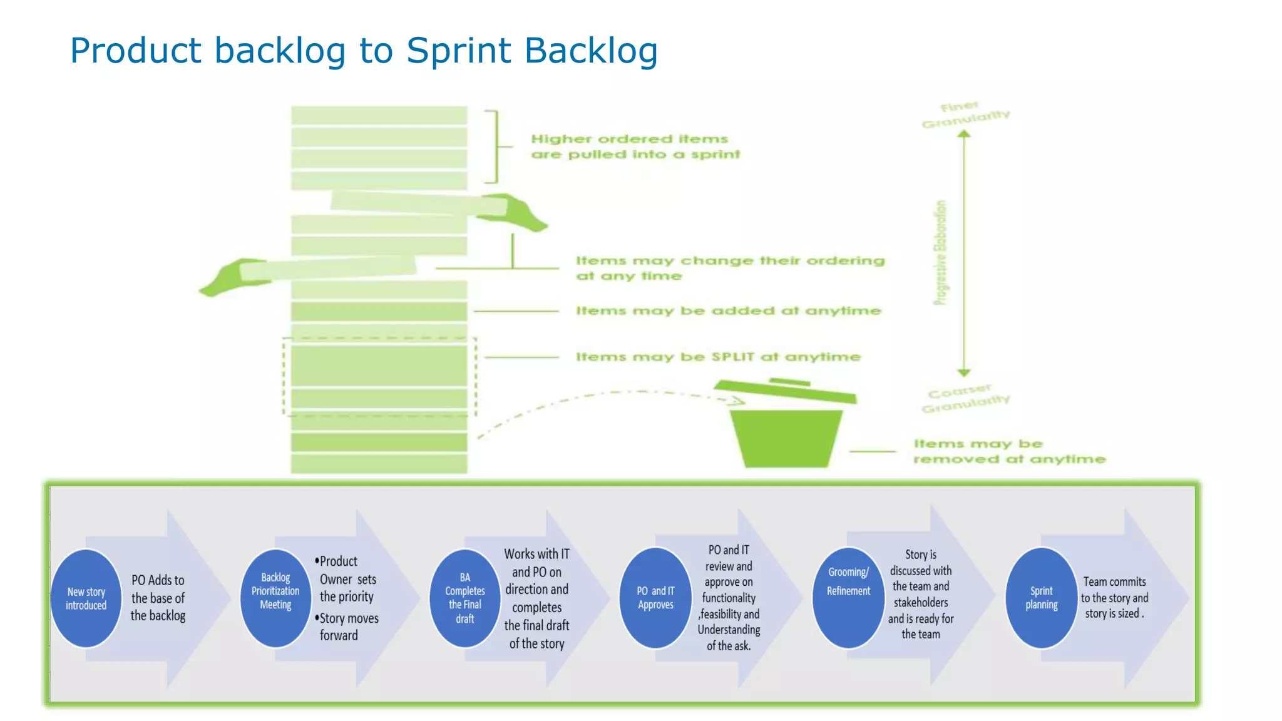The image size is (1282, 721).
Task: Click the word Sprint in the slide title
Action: [458, 50]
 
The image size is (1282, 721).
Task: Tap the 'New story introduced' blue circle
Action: [86, 598]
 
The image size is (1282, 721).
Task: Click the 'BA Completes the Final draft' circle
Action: [464, 598]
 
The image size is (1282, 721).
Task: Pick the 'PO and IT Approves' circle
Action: [655, 598]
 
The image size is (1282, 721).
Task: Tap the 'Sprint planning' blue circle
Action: [1041, 598]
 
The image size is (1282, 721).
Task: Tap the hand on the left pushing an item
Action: [228, 277]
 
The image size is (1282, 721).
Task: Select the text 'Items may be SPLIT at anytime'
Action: [718, 357]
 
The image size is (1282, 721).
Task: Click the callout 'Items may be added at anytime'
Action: [728, 310]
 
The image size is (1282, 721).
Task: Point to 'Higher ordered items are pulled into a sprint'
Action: [635, 146]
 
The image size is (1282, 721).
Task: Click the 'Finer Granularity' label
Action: [965, 114]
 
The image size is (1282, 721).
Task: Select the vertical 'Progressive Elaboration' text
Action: [940, 253]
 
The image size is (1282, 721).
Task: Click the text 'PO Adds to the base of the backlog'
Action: [158, 598]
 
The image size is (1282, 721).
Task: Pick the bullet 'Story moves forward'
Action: [348, 626]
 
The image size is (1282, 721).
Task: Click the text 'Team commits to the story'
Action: [1114, 590]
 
